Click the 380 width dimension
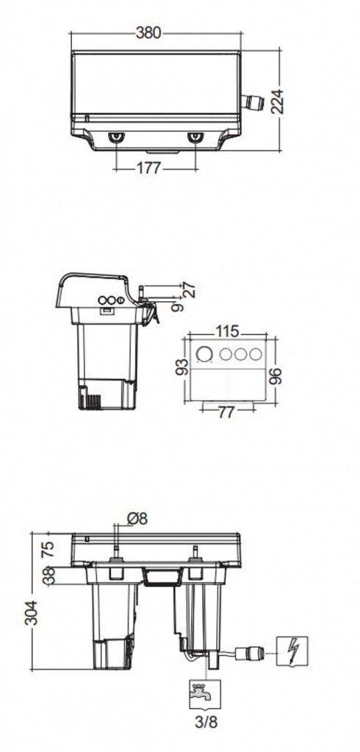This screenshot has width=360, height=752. point(148,32)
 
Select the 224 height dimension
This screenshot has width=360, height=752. point(277,101)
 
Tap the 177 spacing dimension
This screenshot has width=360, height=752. point(148,169)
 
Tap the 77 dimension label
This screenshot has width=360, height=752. point(226,412)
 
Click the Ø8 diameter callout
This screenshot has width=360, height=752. point(137,518)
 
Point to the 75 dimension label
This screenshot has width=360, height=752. point(47,548)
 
